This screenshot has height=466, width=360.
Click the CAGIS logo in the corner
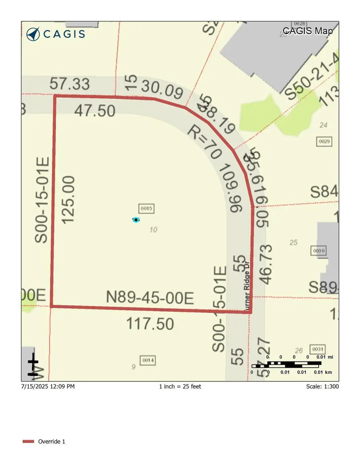pyautogui.click(x=56, y=34)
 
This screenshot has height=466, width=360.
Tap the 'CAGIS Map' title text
pyautogui.click(x=307, y=30)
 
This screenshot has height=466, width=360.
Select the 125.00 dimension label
pyautogui.click(x=68, y=199)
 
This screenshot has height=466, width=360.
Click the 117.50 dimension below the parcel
pyautogui.click(x=150, y=323)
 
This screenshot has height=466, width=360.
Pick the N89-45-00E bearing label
pyautogui.click(x=150, y=298)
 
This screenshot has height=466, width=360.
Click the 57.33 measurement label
pyautogui.click(x=70, y=84)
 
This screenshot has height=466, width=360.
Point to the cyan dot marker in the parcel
pyautogui.click(x=136, y=220)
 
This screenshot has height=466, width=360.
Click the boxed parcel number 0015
pyautogui.click(x=146, y=208)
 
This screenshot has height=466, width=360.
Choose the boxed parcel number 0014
pyautogui.click(x=148, y=360)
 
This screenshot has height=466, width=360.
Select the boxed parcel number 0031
pyautogui.click(x=317, y=349)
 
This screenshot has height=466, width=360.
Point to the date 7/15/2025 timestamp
pyautogui.click(x=48, y=386)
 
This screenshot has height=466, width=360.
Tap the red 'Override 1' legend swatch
pyautogui.click(x=28, y=442)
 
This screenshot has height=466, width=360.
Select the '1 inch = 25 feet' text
pyautogui.click(x=180, y=386)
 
